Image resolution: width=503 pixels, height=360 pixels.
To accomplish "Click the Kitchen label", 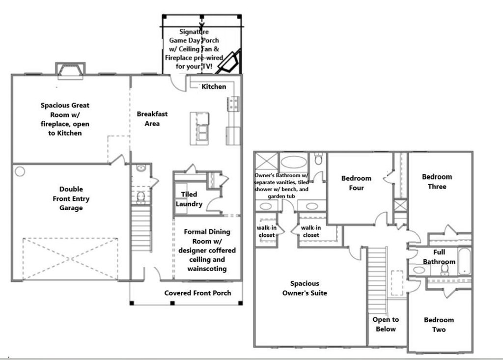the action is [214, 86].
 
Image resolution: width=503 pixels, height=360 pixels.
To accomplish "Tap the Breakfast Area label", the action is [152, 119].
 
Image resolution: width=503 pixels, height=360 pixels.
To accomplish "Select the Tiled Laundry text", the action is [189, 199].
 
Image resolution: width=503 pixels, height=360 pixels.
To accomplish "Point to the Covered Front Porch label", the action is [197, 293].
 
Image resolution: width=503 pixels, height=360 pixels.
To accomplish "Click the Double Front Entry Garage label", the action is [71, 198].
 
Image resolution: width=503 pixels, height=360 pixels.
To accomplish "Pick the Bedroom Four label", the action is [356, 183].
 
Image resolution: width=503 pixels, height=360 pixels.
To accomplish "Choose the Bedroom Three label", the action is [437, 182].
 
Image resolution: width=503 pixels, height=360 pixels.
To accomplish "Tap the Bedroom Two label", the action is [439, 325].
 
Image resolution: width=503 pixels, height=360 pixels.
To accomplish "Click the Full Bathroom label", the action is [439, 257].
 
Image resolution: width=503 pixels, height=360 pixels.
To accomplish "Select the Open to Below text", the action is [386, 324].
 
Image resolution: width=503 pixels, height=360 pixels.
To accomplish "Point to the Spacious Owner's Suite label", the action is [305, 288].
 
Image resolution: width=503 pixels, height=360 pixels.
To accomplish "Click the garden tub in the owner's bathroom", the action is [294, 162].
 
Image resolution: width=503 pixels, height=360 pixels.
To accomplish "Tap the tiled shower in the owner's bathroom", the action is [266, 161].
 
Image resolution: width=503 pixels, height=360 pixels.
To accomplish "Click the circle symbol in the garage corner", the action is [20, 172].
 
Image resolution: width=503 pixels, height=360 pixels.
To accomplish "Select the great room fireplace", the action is [70, 71].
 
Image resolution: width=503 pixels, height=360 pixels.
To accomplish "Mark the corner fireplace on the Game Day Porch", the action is [229, 62].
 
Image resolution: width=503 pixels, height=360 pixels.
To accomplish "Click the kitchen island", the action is [199, 128].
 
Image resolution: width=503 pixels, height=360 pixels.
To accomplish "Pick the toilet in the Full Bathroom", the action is [445, 270].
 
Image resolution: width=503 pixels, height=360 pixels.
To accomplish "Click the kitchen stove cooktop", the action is [233, 104].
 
